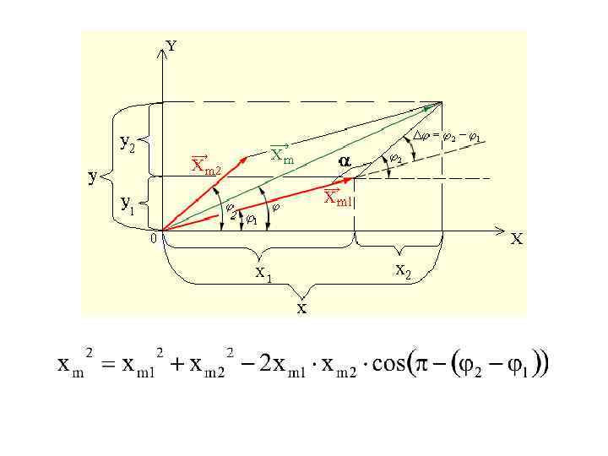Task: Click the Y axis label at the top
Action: point(171,46)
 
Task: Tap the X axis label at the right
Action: point(515,239)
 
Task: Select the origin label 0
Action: point(153,239)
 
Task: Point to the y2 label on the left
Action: point(128,144)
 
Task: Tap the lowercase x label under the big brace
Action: point(301,307)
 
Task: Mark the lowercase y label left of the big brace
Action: point(95,176)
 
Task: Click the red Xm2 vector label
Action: point(205,166)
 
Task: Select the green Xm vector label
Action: point(282,155)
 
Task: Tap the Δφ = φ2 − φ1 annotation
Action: point(447,137)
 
